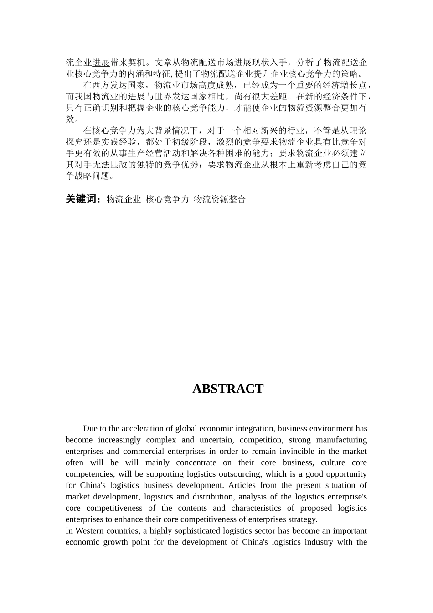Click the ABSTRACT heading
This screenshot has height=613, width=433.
point(227,389)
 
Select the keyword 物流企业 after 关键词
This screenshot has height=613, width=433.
point(124,199)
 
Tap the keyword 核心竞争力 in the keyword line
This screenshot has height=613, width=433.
point(167,199)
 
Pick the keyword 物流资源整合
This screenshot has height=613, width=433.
point(220,199)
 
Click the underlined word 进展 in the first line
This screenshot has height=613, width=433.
point(101,62)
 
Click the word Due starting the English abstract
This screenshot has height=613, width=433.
point(90,428)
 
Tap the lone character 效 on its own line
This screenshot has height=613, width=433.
point(70,119)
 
